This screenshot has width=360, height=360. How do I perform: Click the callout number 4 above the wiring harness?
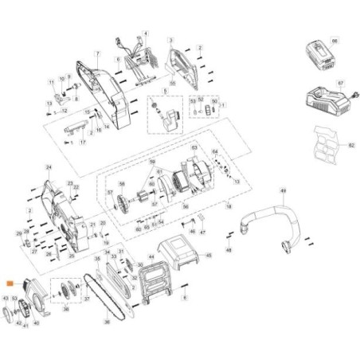coord(145,33)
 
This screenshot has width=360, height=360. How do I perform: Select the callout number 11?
coord(50,81)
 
